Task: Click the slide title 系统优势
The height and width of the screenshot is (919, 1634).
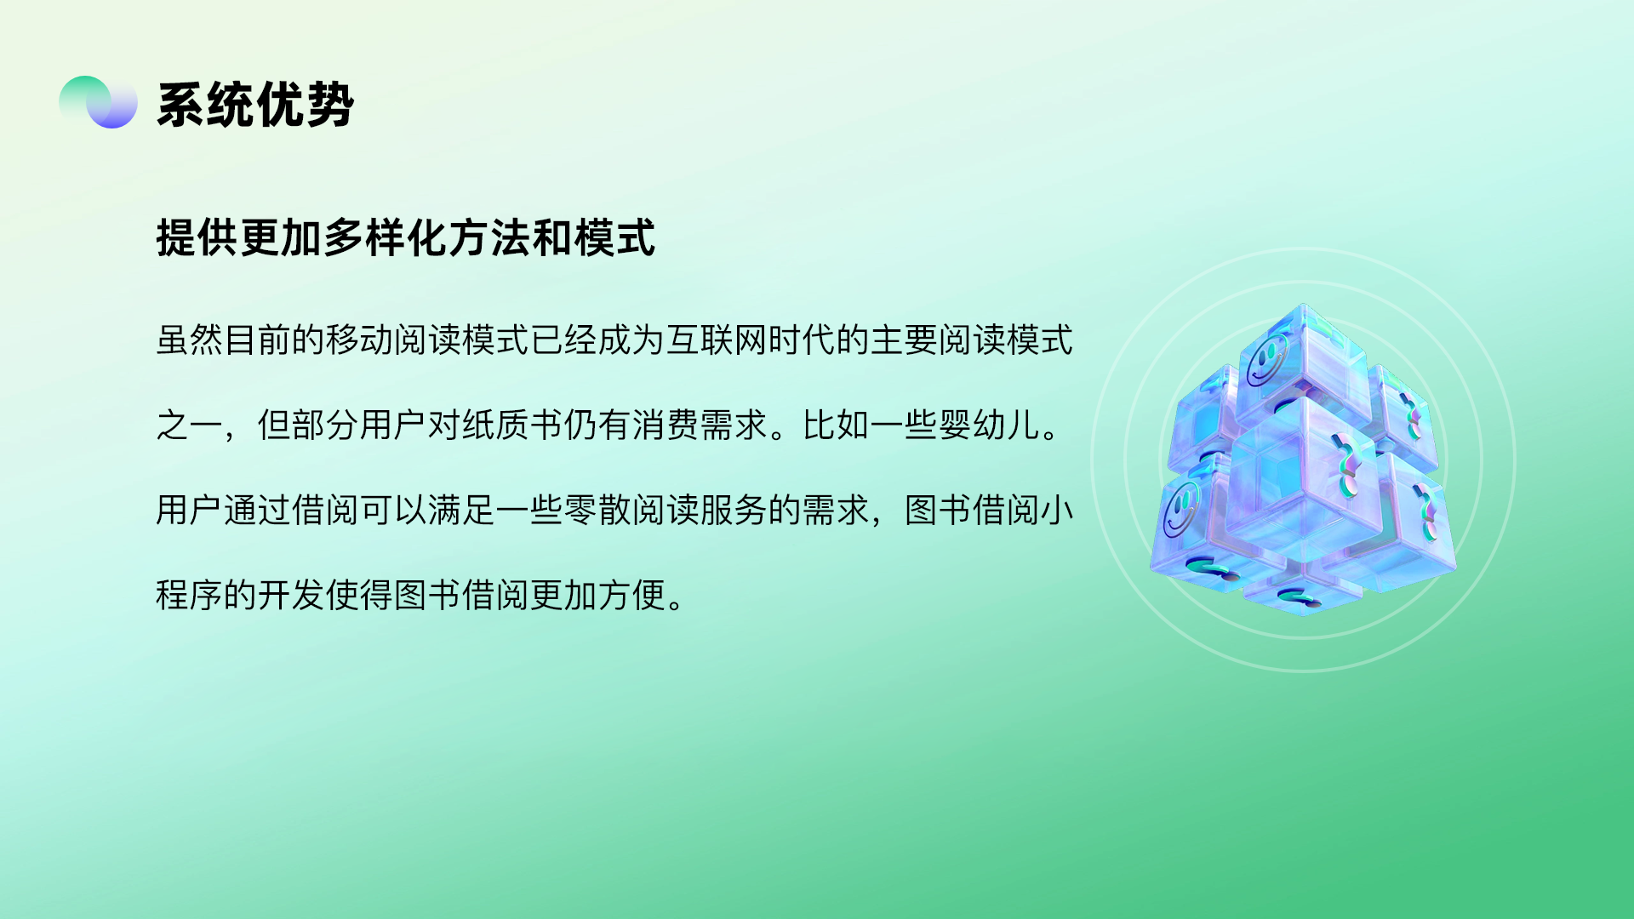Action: tap(255, 105)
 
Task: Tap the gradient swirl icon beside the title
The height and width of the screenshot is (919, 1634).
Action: tap(98, 102)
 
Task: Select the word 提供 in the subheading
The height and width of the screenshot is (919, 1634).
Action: tap(197, 237)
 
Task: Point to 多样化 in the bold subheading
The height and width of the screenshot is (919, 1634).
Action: tap(386, 237)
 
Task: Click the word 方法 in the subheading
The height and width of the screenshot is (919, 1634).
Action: tap(489, 237)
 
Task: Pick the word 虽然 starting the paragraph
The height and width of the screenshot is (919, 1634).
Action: tap(190, 340)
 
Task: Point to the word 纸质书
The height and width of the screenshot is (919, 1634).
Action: tap(512, 425)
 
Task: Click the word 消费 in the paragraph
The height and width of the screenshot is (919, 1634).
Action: tap(666, 425)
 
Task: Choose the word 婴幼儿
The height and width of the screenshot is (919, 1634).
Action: tap(989, 425)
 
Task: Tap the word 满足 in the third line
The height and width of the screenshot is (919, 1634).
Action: tap(461, 510)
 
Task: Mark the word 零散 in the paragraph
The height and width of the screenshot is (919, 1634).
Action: tap(597, 510)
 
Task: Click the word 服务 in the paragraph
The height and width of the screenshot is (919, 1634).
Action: tap(734, 510)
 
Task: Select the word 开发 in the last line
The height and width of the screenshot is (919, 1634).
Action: tap(291, 595)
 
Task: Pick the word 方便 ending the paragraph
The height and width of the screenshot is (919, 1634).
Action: tap(631, 595)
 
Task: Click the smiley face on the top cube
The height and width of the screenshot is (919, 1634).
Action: tap(1267, 360)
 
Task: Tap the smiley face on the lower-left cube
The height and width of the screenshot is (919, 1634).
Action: tap(1181, 510)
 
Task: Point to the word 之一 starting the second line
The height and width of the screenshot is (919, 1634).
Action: tap(190, 425)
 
